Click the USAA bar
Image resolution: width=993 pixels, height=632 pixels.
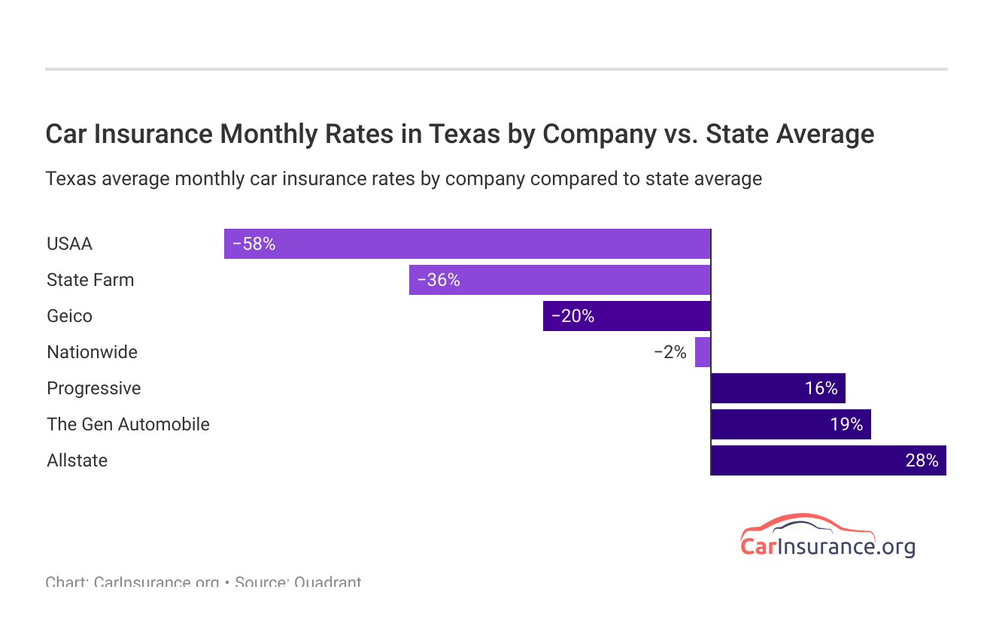click(466, 244)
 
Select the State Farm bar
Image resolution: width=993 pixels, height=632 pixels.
click(560, 280)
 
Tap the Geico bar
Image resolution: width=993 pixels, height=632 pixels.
click(627, 316)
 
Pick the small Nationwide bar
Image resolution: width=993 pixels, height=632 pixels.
click(703, 352)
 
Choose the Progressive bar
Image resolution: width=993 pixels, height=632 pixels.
click(778, 388)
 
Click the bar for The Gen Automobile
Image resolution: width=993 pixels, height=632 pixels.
click(791, 424)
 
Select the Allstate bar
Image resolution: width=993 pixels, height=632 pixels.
click(828, 460)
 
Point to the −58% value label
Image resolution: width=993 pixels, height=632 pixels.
click(254, 244)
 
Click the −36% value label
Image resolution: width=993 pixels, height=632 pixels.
click(439, 280)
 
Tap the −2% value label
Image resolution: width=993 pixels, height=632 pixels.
click(670, 352)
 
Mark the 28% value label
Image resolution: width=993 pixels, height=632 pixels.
click(922, 460)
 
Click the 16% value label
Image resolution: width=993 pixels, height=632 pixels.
click(821, 388)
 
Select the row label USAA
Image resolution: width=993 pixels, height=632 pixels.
click(69, 244)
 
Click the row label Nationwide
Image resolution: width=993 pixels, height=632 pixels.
click(92, 352)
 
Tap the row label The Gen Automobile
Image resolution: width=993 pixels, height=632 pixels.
click(128, 424)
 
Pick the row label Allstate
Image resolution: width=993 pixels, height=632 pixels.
click(77, 460)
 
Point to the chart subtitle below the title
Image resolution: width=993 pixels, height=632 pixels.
click(403, 179)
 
